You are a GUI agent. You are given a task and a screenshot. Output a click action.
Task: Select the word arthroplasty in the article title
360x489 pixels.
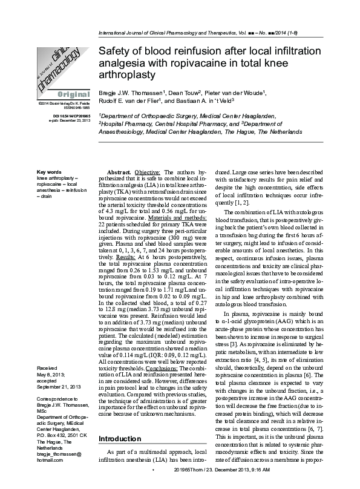pyautogui.click(x=126, y=75)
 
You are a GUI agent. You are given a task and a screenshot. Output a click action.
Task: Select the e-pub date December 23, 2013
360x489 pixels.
pyautogui.click(x=73, y=120)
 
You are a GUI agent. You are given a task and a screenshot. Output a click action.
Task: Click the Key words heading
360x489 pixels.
pyautogui.click(x=49, y=173)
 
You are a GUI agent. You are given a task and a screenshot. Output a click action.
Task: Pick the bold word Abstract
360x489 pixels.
pyautogui.click(x=119, y=173)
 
